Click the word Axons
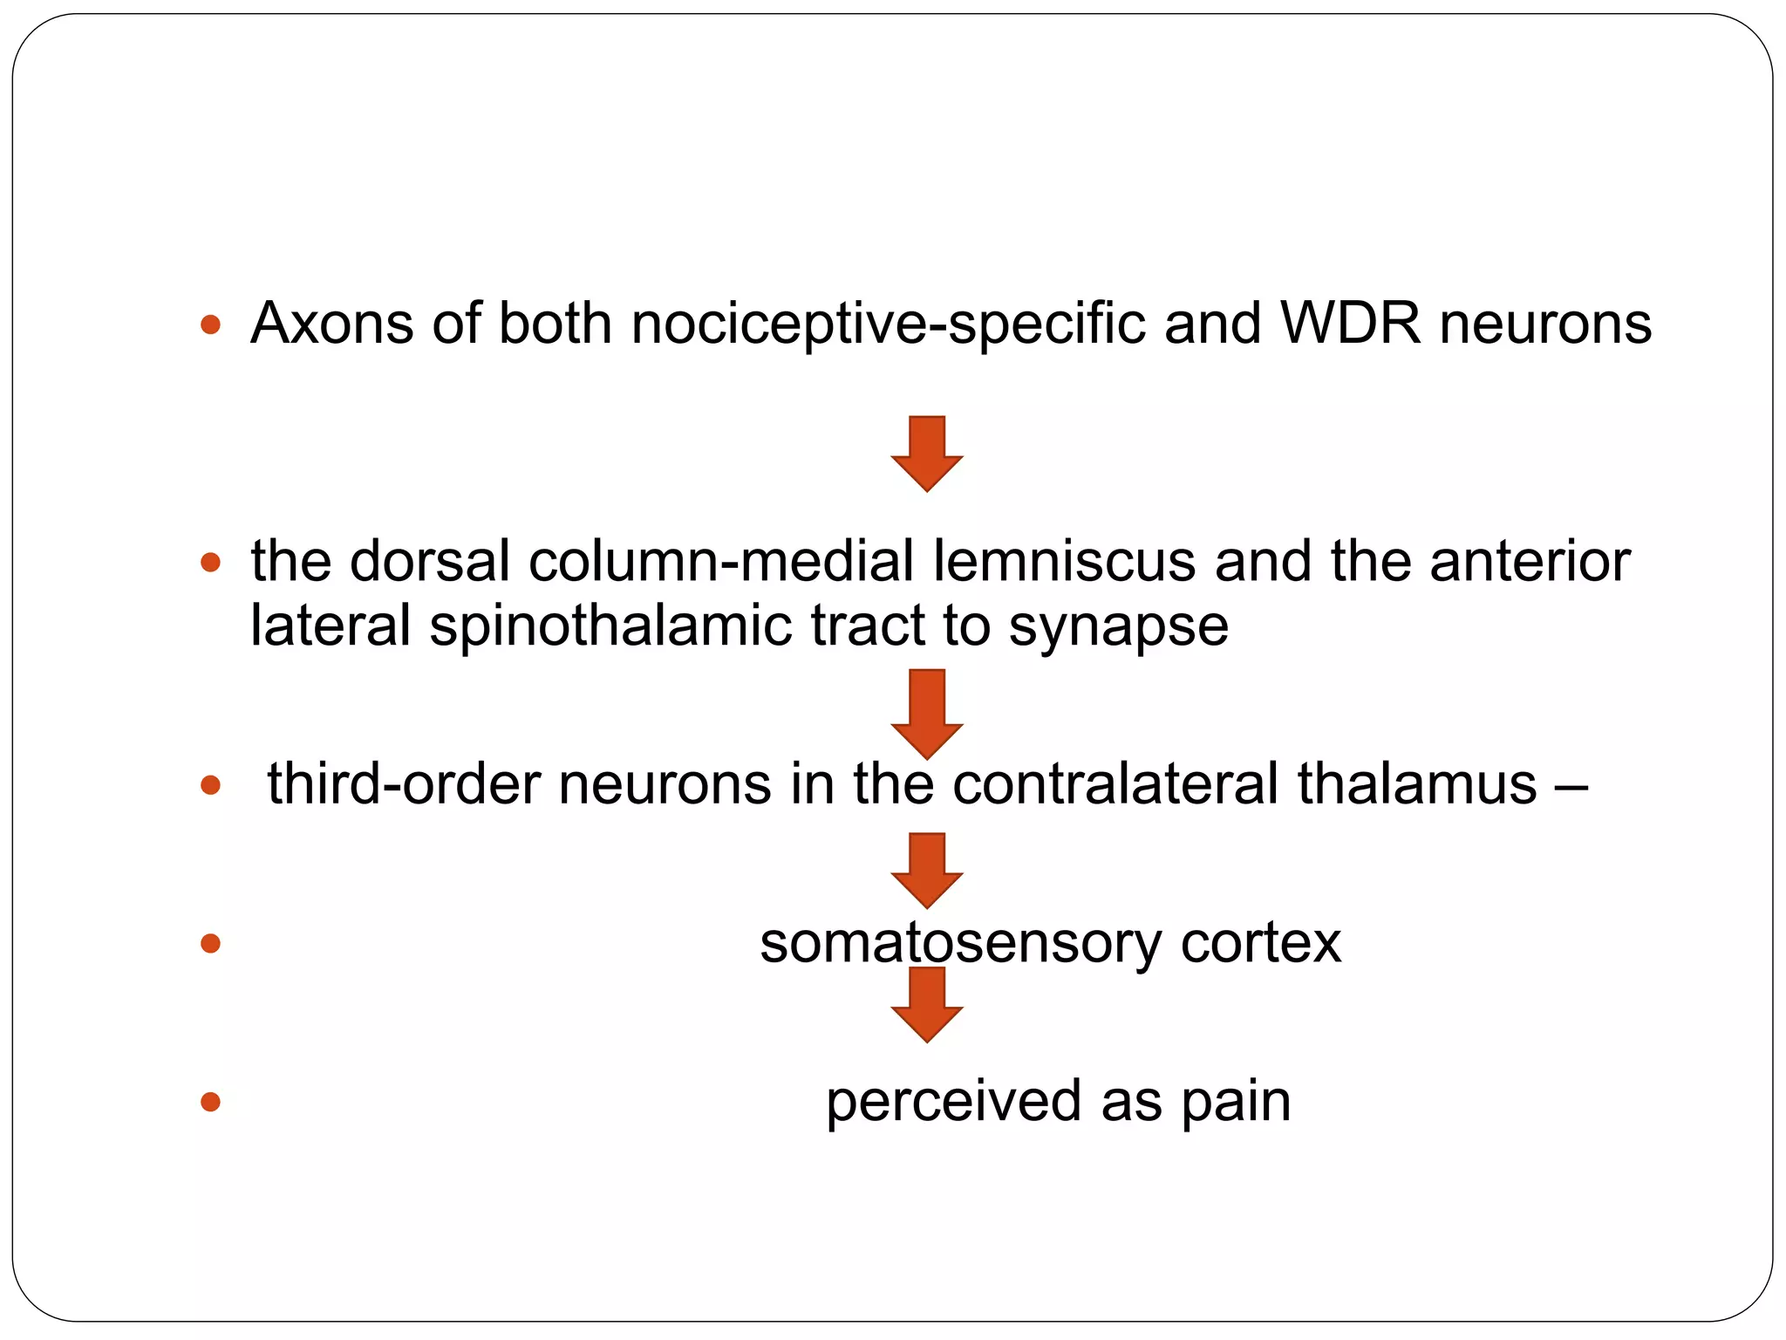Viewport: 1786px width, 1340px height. click(331, 325)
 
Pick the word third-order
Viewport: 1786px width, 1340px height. click(403, 783)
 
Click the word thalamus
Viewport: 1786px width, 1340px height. click(1416, 783)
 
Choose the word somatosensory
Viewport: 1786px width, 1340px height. click(959, 943)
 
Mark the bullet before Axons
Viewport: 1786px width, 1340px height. click(210, 326)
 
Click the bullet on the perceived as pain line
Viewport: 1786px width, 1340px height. click(210, 1102)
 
